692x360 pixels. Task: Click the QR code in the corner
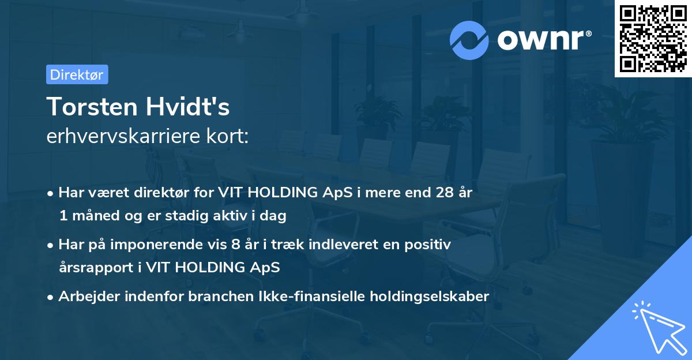tap(653, 39)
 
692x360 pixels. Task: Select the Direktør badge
tap(77, 74)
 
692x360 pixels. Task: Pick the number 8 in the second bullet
tap(235, 245)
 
